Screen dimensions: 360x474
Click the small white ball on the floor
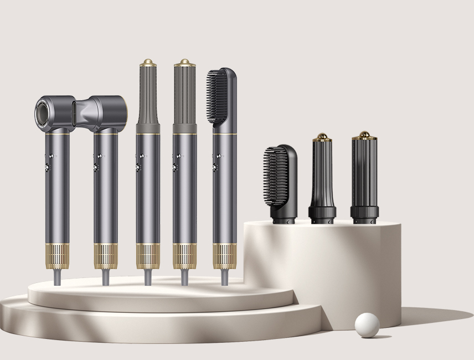pos(367,323)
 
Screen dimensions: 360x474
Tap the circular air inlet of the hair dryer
pos(48,109)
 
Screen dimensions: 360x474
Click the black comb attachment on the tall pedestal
pos(282,176)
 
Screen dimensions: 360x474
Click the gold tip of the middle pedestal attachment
pos(320,136)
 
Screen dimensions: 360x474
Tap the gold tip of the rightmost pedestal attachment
pos(364,135)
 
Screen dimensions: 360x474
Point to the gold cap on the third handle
pos(148,63)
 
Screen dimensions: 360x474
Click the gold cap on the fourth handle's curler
pos(184,63)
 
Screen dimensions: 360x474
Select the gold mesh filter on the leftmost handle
pos(58,258)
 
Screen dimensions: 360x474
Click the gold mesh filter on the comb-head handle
pos(224,258)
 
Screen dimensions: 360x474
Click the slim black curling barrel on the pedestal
pos(320,174)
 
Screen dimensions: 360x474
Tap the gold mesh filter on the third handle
pos(148,258)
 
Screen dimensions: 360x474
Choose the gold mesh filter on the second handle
pos(105,258)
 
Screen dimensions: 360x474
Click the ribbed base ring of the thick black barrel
pos(364,212)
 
